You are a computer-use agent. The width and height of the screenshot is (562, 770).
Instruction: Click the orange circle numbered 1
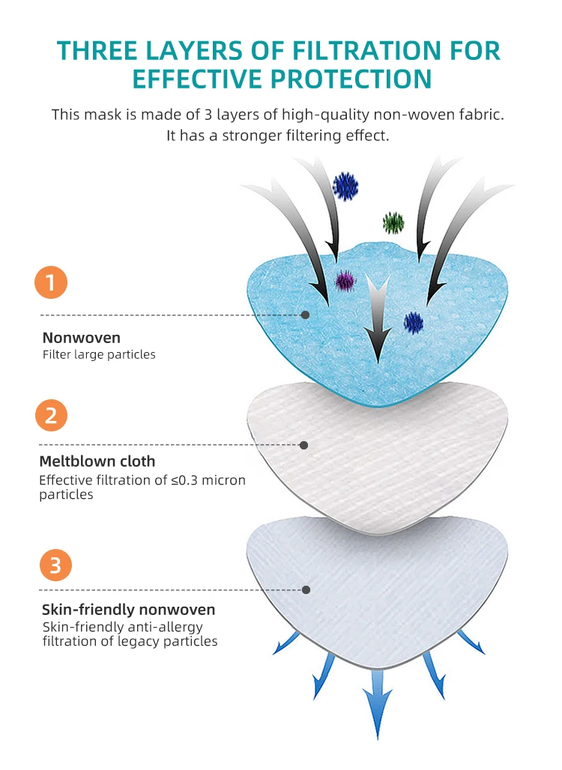51,282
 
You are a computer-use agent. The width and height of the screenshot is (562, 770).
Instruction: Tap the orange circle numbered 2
51,414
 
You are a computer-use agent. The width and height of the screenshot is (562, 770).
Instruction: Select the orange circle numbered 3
55,565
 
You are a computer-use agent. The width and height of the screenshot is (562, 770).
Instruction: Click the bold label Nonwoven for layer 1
81,338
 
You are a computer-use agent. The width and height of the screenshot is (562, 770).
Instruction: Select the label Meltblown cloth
97,461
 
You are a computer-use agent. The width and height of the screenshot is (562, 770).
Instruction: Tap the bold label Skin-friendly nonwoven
128,610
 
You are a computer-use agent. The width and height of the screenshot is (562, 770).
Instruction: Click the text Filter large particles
99,354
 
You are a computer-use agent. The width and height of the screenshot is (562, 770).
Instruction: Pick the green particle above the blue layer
393,222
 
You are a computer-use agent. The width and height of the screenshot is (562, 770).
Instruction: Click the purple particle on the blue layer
345,280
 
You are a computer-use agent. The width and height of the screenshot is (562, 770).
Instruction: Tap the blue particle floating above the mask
345,186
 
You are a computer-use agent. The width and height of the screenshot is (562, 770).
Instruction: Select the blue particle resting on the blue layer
414,322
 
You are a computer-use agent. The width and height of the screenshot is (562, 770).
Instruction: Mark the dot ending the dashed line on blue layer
305,315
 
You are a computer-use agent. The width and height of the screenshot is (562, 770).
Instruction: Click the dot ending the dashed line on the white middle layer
303,445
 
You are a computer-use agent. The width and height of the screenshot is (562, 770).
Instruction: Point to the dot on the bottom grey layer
306,589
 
